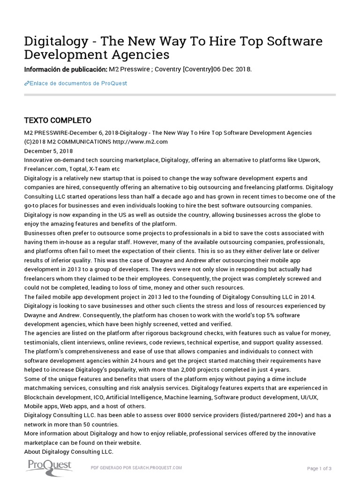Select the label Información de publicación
click(65, 69)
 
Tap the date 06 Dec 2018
click(232, 69)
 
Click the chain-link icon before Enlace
click(26, 83)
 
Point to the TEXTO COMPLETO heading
click(57, 120)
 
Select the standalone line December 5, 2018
click(48, 151)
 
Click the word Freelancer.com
click(43, 169)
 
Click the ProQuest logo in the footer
click(48, 466)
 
